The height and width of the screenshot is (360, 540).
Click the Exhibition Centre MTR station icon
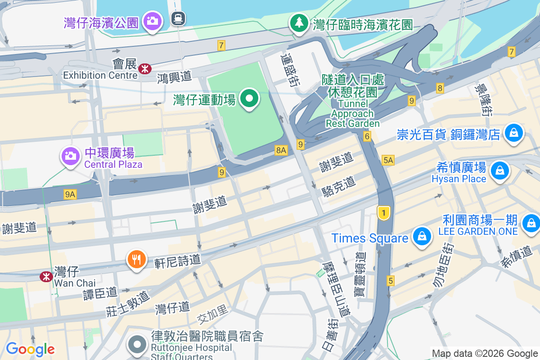145,69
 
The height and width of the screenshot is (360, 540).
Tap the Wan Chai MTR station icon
46,276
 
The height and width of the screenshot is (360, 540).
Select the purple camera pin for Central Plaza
70,156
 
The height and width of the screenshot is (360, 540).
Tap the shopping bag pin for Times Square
422,236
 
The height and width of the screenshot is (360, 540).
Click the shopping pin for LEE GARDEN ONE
531,222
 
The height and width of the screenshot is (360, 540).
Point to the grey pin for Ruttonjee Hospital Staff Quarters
137,345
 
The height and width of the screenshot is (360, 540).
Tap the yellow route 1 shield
383,213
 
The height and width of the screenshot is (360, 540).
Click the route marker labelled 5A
387,160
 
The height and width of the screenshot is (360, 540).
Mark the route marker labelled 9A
70,194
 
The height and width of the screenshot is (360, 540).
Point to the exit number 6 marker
368,136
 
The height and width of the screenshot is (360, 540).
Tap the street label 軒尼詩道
177,261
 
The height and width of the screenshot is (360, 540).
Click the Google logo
30,349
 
